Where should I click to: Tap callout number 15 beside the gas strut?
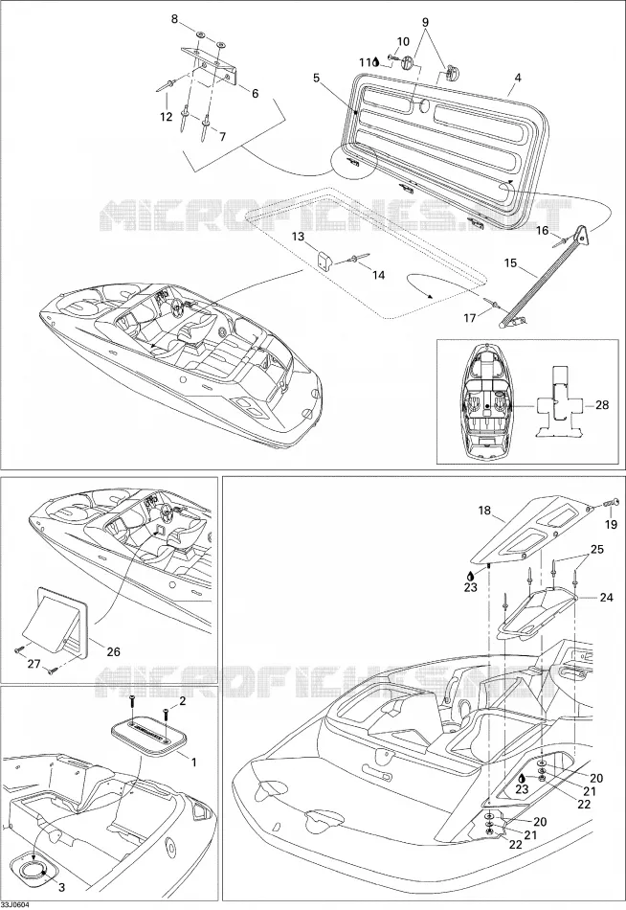click(510, 262)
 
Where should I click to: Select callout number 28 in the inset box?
click(602, 404)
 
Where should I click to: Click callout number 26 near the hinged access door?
click(113, 651)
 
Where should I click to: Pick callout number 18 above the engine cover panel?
click(484, 511)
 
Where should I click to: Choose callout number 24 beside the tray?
click(606, 596)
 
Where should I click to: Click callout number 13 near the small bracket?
click(298, 237)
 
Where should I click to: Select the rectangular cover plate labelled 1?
click(149, 736)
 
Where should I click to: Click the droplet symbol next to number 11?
click(376, 61)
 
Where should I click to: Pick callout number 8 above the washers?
click(174, 18)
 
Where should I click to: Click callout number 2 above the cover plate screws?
click(182, 700)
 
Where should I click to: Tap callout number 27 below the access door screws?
click(34, 664)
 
